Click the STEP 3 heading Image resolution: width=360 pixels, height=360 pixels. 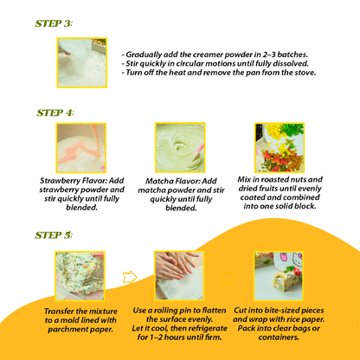pos(55,23)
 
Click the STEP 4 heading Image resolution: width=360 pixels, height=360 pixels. pos(55,112)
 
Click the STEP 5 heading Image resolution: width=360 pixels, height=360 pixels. pos(55,235)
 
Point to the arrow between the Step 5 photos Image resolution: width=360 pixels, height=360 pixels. pos(130,277)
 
